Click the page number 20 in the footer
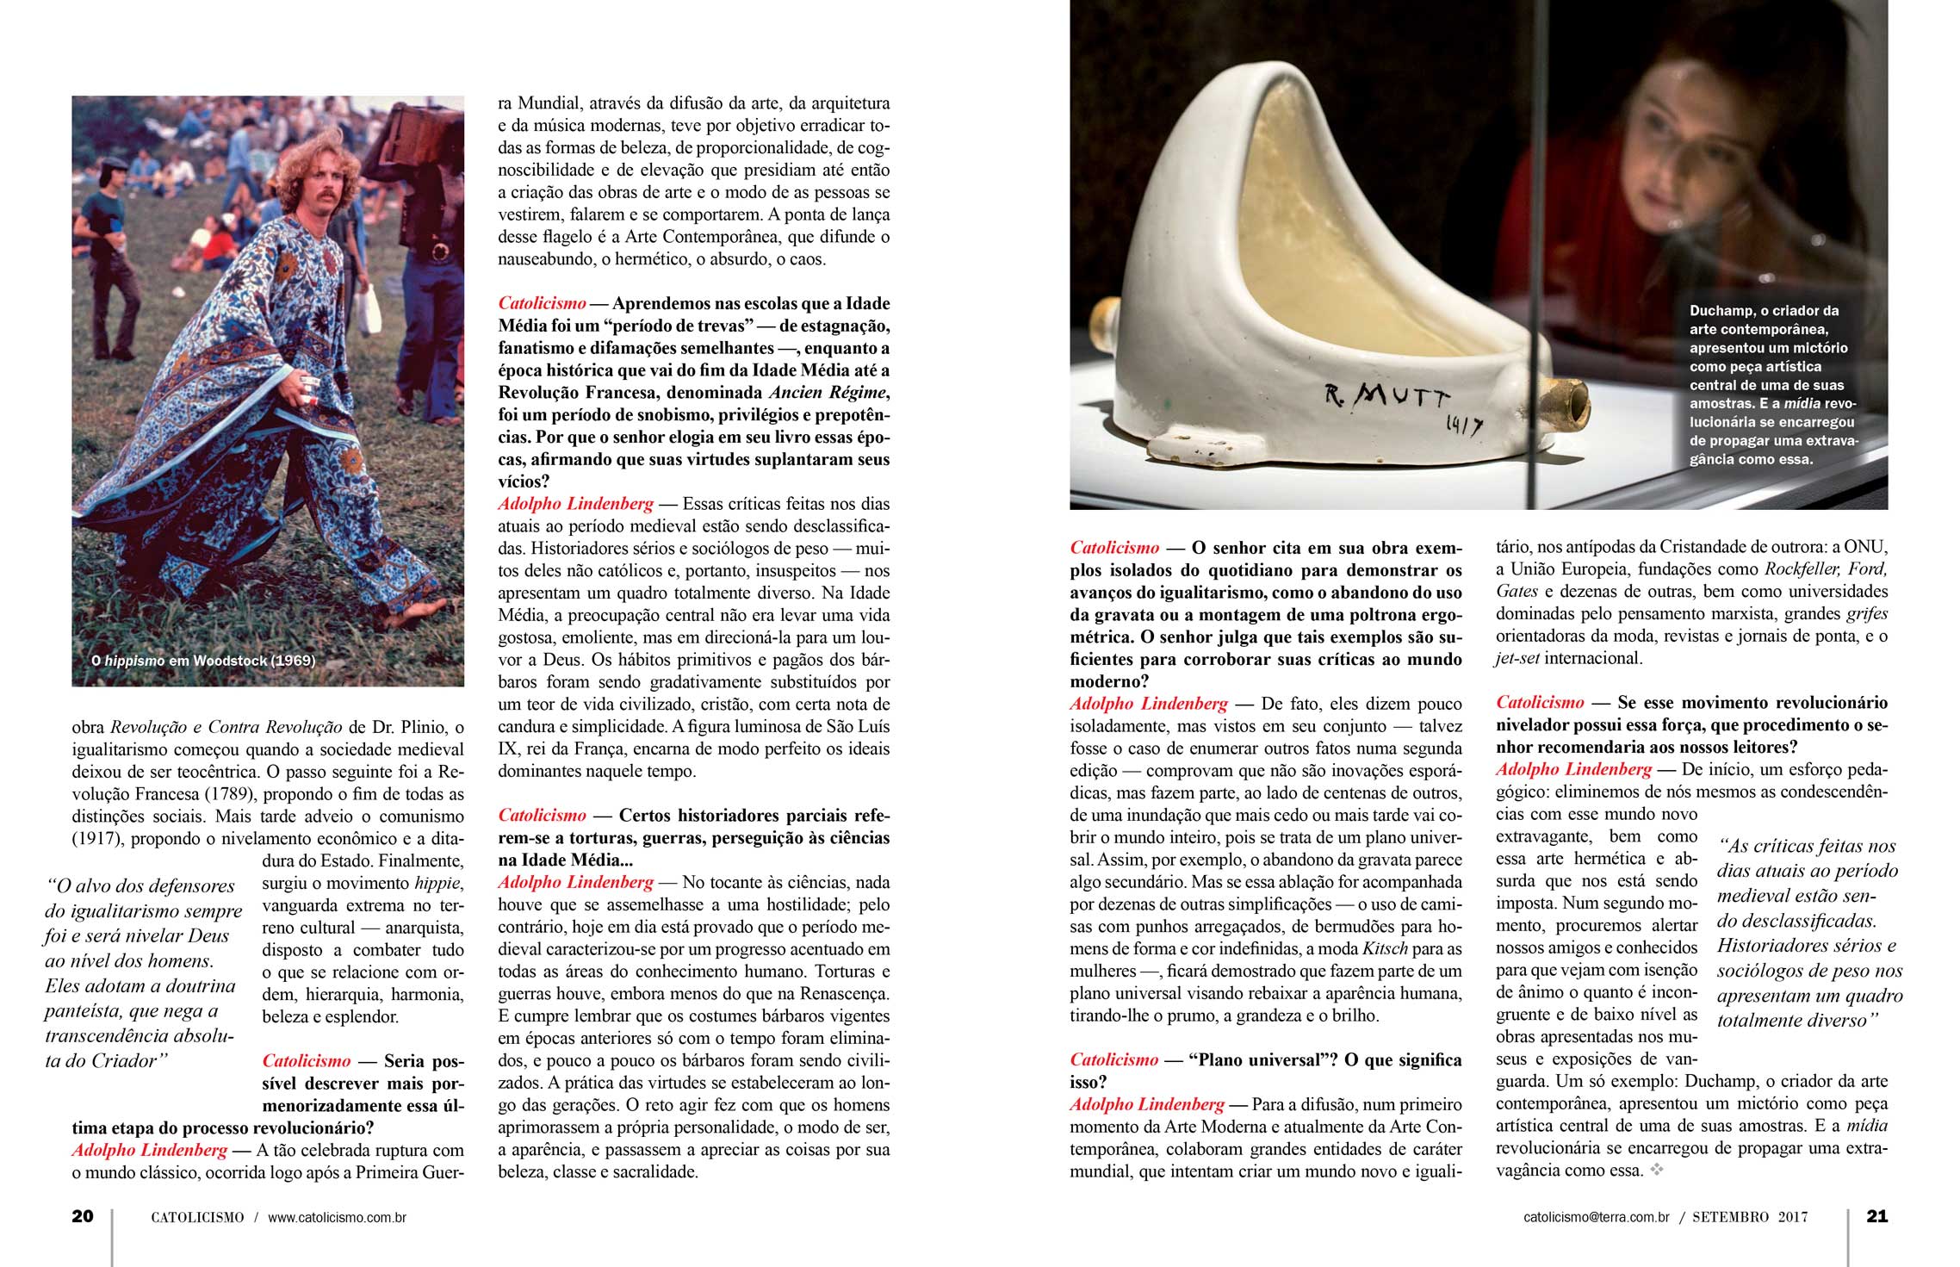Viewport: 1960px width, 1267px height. point(83,1216)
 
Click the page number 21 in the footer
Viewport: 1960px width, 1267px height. point(1877,1216)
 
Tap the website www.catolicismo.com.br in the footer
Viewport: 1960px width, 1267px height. point(337,1218)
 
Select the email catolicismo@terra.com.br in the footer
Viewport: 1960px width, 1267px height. point(1597,1217)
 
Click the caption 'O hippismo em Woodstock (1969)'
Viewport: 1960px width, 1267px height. point(203,661)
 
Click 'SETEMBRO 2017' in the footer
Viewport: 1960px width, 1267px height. point(1750,1217)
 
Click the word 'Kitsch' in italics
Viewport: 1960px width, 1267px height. point(1385,949)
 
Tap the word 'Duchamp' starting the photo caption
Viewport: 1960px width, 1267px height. point(1721,311)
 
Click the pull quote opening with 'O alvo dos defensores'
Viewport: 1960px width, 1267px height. point(142,972)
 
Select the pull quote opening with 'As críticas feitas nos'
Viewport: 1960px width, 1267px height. point(1808,933)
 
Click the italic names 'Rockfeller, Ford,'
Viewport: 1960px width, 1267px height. point(1826,569)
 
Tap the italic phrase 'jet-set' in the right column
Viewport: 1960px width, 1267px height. point(1518,659)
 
